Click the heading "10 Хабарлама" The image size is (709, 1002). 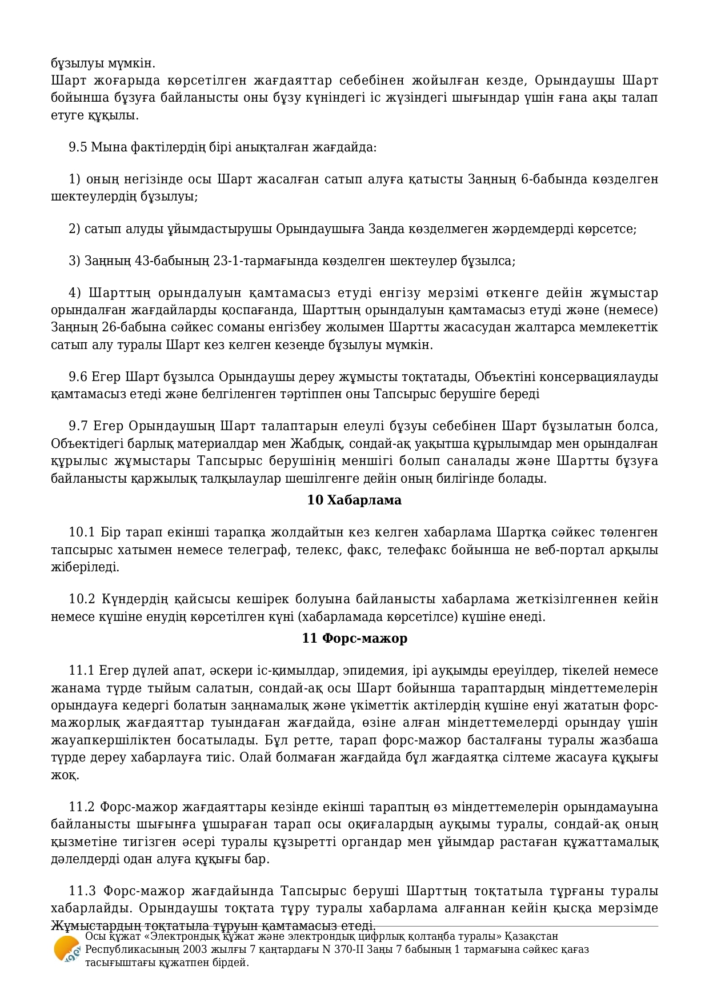click(354, 500)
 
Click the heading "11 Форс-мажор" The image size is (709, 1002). click(354, 638)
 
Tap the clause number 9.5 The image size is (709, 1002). click(78, 147)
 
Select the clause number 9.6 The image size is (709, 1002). click(78, 376)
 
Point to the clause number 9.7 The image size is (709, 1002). click(78, 426)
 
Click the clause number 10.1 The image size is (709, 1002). click(81, 532)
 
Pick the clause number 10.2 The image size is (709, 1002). click(81, 599)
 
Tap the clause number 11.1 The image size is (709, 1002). click(81, 670)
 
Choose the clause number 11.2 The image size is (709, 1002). click(81, 807)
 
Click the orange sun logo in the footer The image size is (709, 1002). click(67, 950)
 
